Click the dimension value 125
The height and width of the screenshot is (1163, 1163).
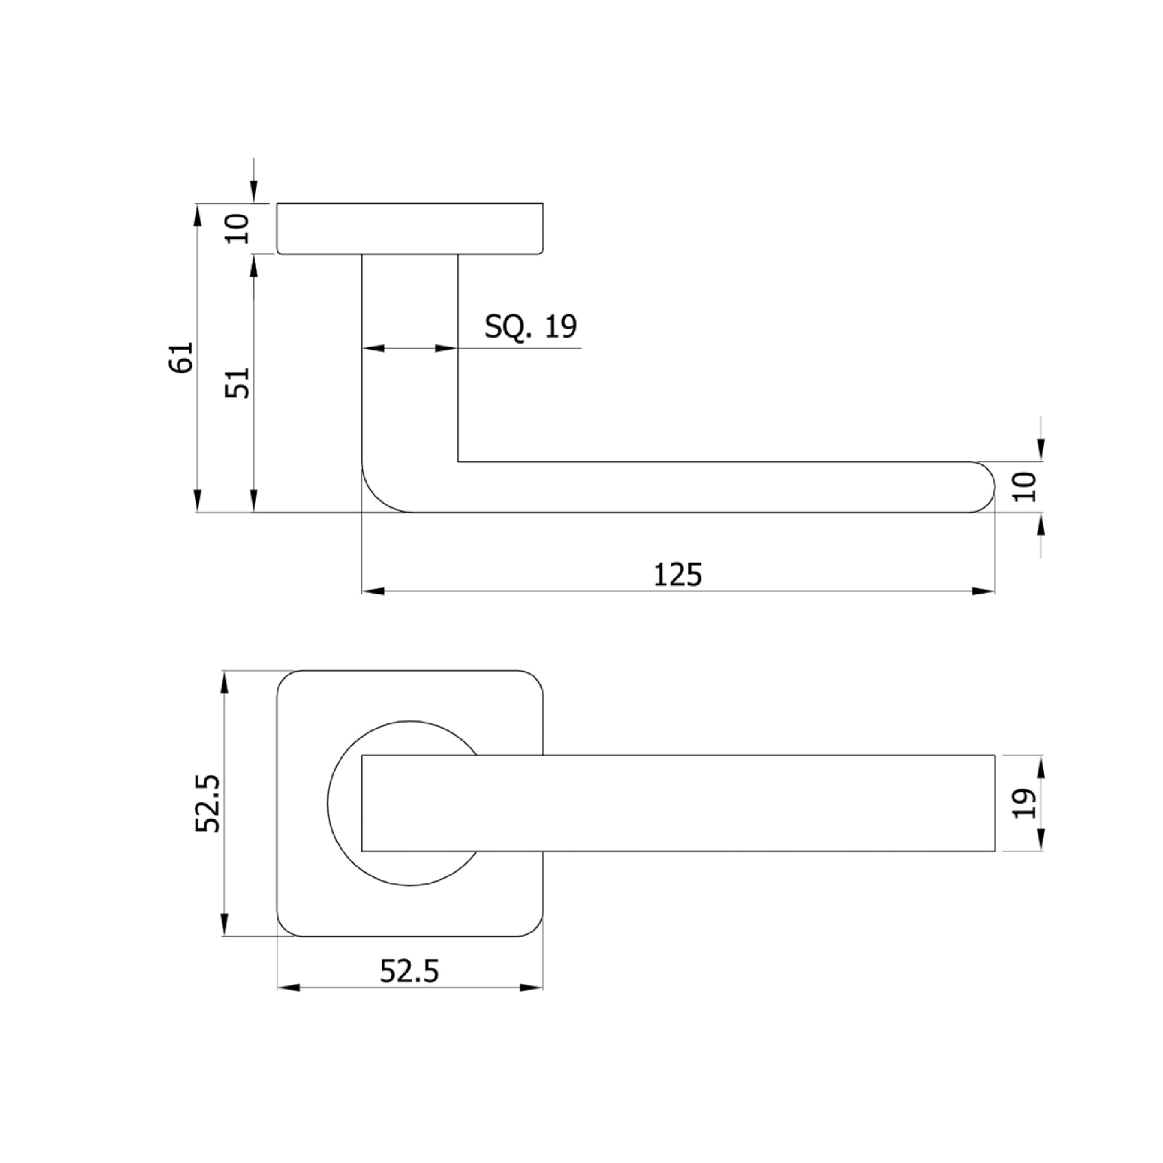pyautogui.click(x=677, y=575)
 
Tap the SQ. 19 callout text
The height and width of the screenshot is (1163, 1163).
pyautogui.click(x=530, y=326)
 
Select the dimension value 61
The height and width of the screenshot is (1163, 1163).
pyautogui.click(x=182, y=358)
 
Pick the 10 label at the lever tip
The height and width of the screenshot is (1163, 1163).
pyautogui.click(x=1025, y=487)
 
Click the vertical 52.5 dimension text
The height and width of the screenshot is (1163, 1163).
pyautogui.click(x=208, y=804)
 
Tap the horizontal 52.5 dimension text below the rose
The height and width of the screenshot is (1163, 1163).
pyautogui.click(x=409, y=972)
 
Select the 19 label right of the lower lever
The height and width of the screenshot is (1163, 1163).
pyautogui.click(x=1025, y=804)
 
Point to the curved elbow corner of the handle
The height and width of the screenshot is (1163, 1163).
pyautogui.click(x=376, y=498)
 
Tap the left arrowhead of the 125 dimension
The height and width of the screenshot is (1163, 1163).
pyautogui.click(x=373, y=592)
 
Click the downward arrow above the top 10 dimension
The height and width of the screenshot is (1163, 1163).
pyautogui.click(x=254, y=191)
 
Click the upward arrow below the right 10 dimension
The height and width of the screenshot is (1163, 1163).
pyautogui.click(x=1041, y=525)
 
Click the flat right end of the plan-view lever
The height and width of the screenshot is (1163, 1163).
pyautogui.click(x=994, y=803)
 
